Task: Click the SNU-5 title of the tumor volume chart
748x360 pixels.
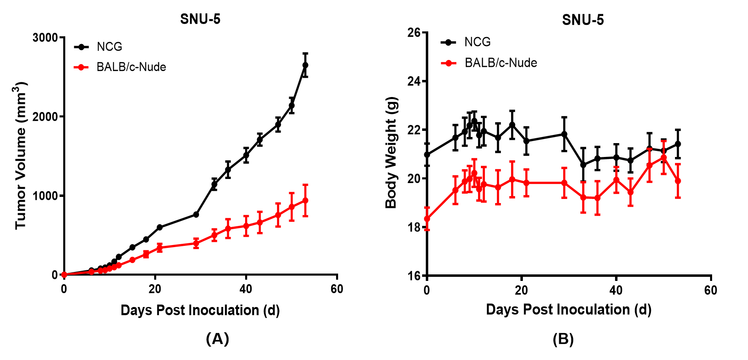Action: coord(200,19)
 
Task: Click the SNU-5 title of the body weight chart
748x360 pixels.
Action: coord(583,20)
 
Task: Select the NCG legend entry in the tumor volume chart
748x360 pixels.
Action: coord(109,47)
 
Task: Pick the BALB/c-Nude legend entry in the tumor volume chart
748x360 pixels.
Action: coord(131,67)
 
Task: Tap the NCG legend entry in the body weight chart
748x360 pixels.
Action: coord(477,42)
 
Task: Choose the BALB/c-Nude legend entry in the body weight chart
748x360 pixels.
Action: coord(500,63)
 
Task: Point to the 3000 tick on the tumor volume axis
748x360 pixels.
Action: coord(45,38)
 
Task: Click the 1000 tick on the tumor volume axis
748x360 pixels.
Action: coord(45,196)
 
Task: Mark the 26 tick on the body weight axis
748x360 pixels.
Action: coord(414,33)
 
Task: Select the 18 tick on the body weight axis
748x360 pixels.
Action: coord(414,227)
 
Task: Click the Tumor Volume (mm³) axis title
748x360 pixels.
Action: coord(20,156)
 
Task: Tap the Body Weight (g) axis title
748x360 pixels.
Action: coord(391,153)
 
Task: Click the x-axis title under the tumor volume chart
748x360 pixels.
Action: coord(200,310)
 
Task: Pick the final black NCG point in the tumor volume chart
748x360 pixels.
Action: coord(305,65)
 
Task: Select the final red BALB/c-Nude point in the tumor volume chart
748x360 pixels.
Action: coord(305,201)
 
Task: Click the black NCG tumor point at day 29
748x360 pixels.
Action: coord(196,214)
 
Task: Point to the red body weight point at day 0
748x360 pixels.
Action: coord(427,219)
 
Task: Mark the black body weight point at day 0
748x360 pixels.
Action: coord(427,155)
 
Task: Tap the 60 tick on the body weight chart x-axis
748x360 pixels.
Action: coord(710,290)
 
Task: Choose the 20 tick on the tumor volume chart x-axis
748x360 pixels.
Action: coord(155,289)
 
